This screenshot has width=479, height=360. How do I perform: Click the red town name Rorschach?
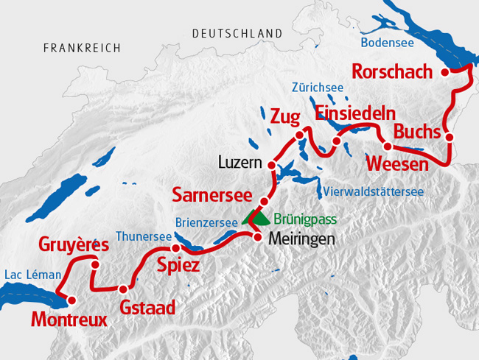point(395,72)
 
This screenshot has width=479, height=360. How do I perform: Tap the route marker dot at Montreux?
point(71,300)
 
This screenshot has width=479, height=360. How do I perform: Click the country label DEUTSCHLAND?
point(237,34)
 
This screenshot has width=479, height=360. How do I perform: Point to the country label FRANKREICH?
point(82,48)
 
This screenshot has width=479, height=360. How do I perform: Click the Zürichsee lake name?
point(318,87)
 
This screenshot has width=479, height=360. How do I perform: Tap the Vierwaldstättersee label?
point(374,192)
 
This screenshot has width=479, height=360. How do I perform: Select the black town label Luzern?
point(241,161)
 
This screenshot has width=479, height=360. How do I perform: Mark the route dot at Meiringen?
point(258,237)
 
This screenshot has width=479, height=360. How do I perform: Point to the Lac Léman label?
point(32,275)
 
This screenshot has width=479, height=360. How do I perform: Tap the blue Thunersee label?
point(144,237)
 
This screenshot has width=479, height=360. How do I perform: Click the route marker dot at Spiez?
point(176,249)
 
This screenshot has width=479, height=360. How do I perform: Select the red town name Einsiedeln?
point(355,113)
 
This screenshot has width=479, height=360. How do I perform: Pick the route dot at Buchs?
point(448,137)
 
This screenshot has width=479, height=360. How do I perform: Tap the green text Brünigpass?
point(305,219)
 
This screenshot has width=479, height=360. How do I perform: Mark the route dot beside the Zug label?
point(300,135)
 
